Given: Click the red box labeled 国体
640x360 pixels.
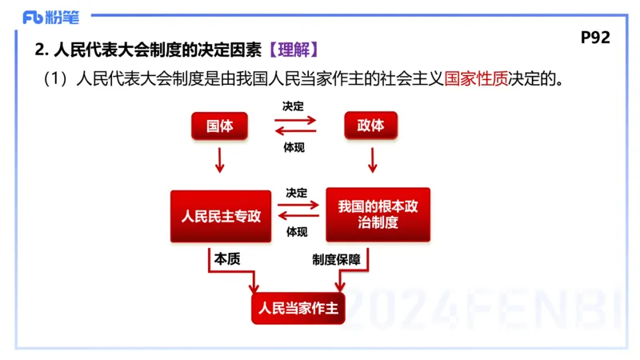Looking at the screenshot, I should point(219,126).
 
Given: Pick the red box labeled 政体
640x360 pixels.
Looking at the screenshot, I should point(370,126).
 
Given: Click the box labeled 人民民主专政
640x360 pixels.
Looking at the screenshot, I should point(221,216).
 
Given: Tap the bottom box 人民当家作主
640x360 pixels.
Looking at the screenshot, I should point(298,308).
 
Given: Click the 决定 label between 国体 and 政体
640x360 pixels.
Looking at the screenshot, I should point(294,106).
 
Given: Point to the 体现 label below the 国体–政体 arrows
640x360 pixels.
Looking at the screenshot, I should point(294,147).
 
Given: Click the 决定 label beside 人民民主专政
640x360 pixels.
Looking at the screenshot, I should point(297,193).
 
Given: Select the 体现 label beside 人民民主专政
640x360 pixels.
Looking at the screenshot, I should point(297,233).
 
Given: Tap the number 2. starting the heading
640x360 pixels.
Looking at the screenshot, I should point(42,50).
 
